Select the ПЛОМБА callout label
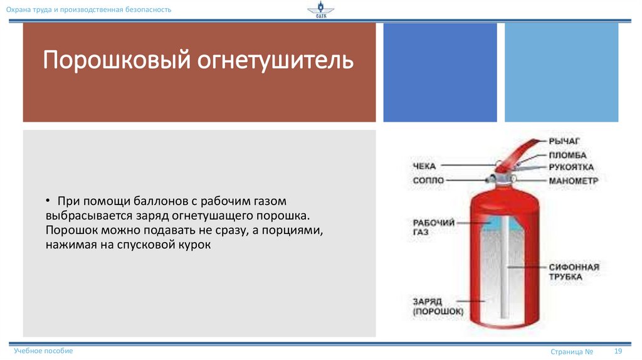(x=567, y=155)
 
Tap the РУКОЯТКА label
(x=571, y=167)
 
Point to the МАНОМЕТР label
(x=573, y=181)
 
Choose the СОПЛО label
(x=428, y=181)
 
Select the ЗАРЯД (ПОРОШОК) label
(x=438, y=305)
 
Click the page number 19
(x=618, y=351)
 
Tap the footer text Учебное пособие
(x=43, y=351)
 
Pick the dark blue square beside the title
(x=439, y=72)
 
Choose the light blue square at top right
(x=561, y=72)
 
